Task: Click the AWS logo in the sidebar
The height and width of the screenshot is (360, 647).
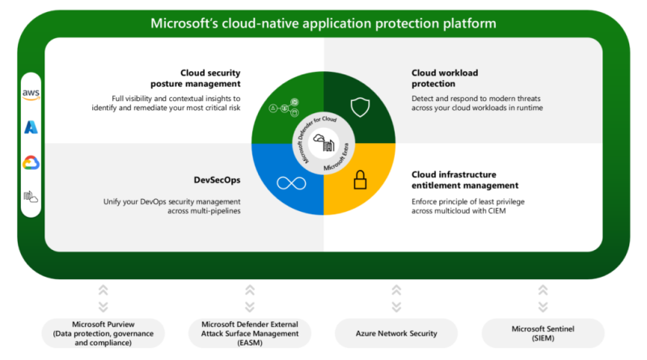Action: click(31, 94)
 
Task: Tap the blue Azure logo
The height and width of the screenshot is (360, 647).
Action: click(31, 127)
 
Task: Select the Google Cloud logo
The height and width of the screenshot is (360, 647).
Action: click(31, 163)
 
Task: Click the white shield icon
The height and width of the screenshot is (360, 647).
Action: click(360, 107)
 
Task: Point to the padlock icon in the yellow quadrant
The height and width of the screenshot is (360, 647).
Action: click(360, 180)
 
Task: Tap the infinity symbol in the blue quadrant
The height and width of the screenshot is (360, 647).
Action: click(291, 183)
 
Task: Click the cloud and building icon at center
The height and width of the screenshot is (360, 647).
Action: click(324, 142)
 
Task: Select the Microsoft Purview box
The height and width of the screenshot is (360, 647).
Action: click(104, 333)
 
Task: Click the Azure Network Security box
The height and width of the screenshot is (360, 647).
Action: click(396, 333)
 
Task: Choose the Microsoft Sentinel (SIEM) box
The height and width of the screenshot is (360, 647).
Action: click(543, 333)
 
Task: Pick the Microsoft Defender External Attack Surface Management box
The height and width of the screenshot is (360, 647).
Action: click(250, 333)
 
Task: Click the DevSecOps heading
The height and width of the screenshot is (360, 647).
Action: click(217, 180)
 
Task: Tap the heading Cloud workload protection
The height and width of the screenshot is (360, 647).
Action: click(445, 78)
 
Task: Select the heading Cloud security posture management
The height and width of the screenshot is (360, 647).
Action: click(196, 78)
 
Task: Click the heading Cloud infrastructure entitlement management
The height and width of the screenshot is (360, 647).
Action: click(465, 180)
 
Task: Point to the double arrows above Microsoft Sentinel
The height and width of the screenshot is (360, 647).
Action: click(543, 299)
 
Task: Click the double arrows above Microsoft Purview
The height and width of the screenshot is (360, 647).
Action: click(104, 299)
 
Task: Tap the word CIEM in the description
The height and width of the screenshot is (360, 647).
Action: click(497, 211)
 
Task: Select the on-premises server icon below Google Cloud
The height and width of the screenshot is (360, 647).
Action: click(31, 197)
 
